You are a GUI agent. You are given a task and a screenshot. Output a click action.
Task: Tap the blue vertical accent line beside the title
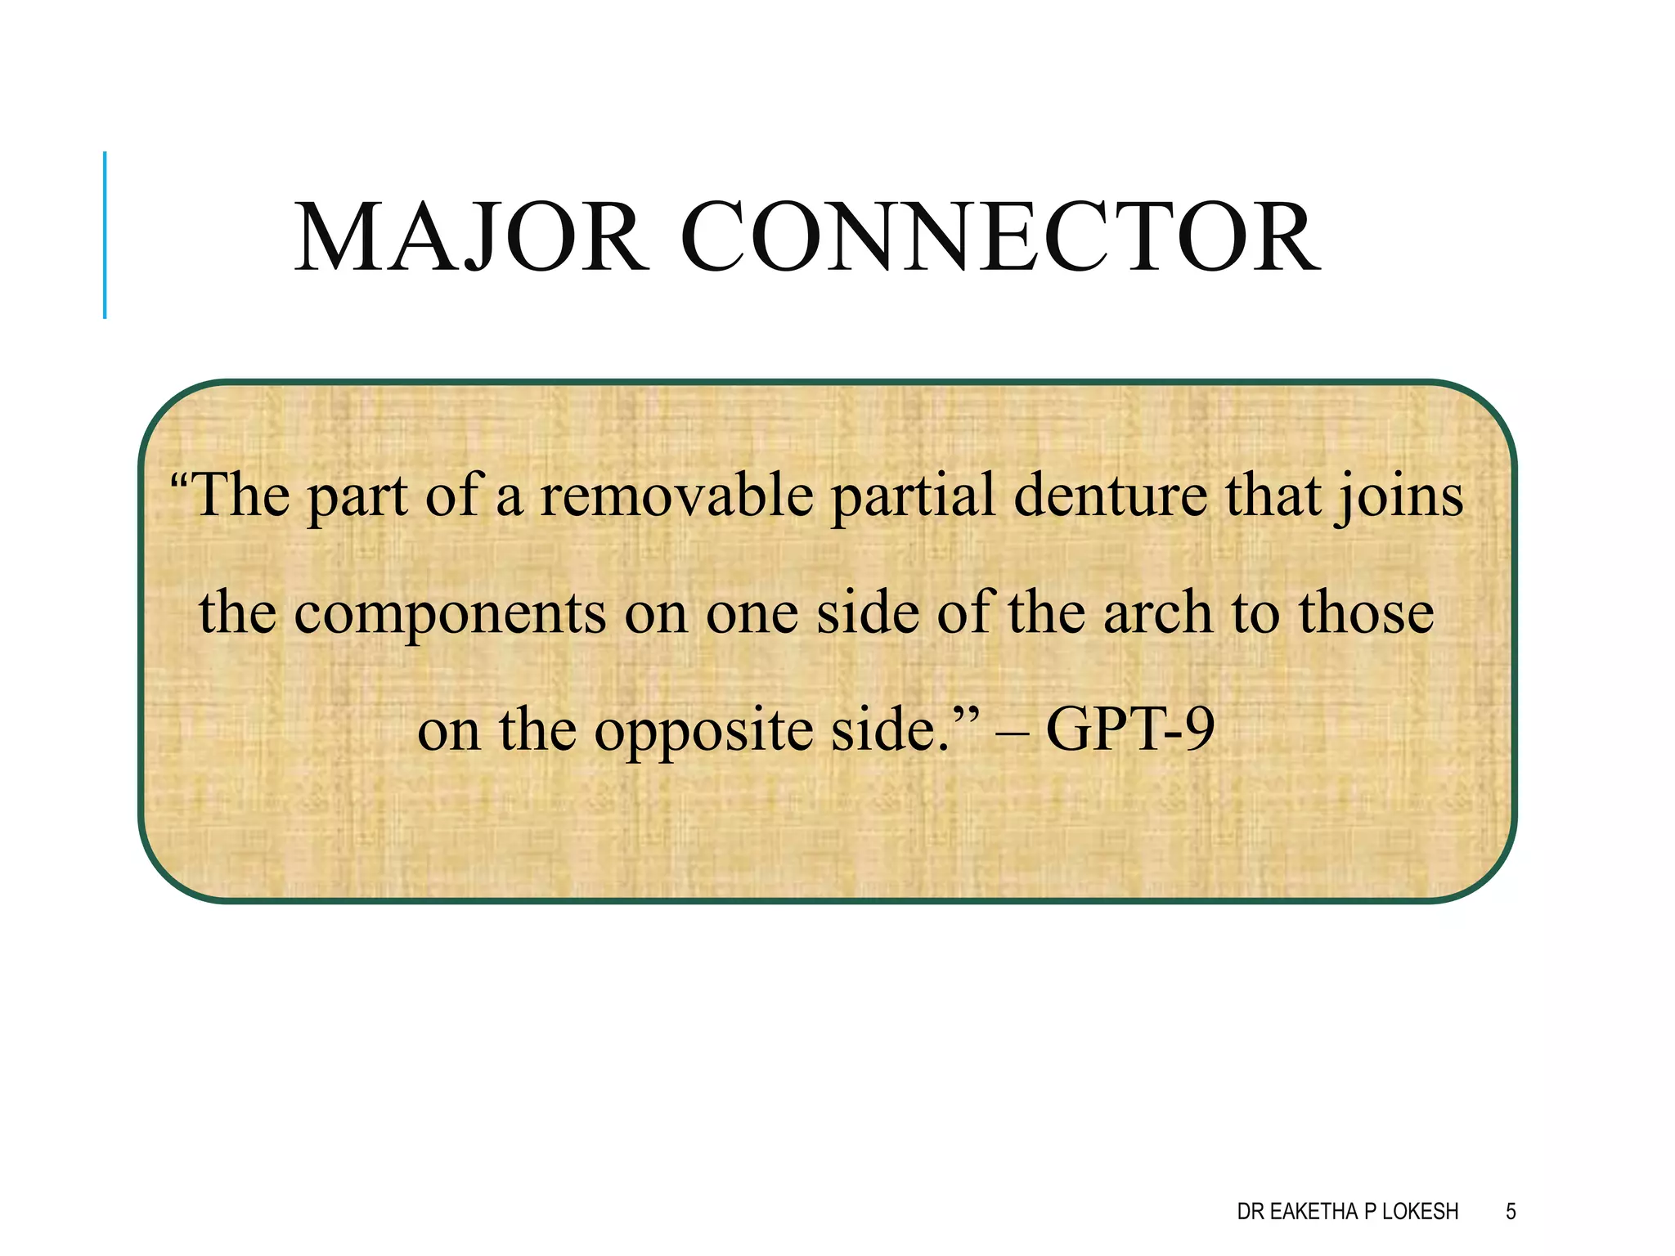tap(105, 235)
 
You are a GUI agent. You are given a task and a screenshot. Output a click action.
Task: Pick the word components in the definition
tap(449, 615)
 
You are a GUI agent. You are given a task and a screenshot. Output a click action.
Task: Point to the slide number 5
tap(1511, 1211)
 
